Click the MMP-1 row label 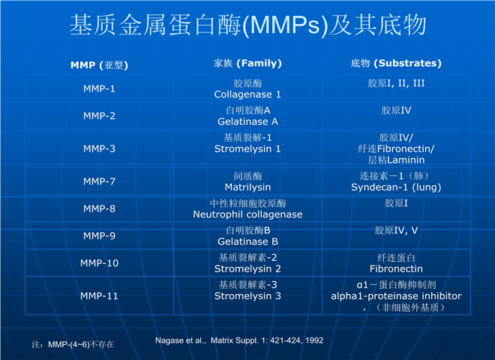click(x=99, y=88)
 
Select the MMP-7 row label click(x=99, y=181)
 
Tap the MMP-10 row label click(x=99, y=262)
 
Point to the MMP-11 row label click(x=99, y=296)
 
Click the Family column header click(x=247, y=63)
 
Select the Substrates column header click(x=396, y=63)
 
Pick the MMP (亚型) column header click(x=99, y=65)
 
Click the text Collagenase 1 click(x=247, y=94)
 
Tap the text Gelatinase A click(x=247, y=121)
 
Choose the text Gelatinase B click(x=247, y=241)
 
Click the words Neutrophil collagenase click(x=247, y=214)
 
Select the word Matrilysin click(x=247, y=187)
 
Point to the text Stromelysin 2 click(x=247, y=268)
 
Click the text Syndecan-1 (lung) click(x=396, y=187)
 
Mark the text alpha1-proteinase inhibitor click(x=396, y=296)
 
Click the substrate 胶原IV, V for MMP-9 click(x=396, y=230)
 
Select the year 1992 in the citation click(x=314, y=340)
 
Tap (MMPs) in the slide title click(x=286, y=25)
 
